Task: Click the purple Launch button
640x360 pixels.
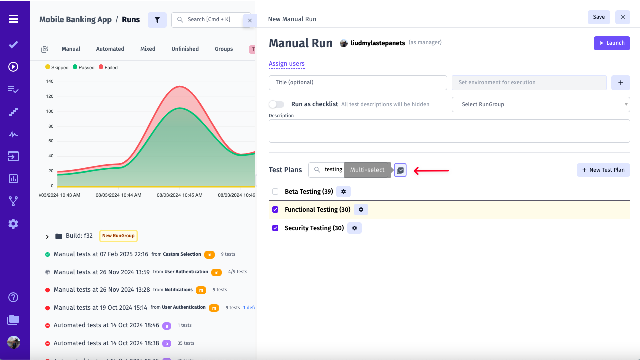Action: [x=611, y=43]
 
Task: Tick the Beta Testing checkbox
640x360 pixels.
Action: [x=275, y=192]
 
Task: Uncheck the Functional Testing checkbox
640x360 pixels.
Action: [x=275, y=210]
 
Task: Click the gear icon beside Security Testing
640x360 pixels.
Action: [x=354, y=228]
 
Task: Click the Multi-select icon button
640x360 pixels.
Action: [x=400, y=170]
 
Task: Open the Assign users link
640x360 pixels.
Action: [x=286, y=64]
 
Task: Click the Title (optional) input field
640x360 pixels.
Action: [x=358, y=83]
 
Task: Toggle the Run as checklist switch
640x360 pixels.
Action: [x=276, y=104]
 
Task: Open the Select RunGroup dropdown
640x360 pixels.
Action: [x=540, y=104]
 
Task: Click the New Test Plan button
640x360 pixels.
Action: [x=603, y=170]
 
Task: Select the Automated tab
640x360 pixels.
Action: [x=110, y=49]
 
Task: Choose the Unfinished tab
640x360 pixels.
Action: [x=185, y=49]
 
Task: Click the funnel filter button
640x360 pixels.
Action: [x=157, y=20]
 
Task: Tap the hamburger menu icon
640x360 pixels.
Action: [x=13, y=19]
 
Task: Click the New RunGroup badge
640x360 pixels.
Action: [x=118, y=236]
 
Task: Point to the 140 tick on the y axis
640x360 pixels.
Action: [x=50, y=81]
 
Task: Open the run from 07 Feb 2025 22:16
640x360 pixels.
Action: [x=101, y=254]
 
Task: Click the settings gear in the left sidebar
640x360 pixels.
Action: [x=13, y=224]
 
